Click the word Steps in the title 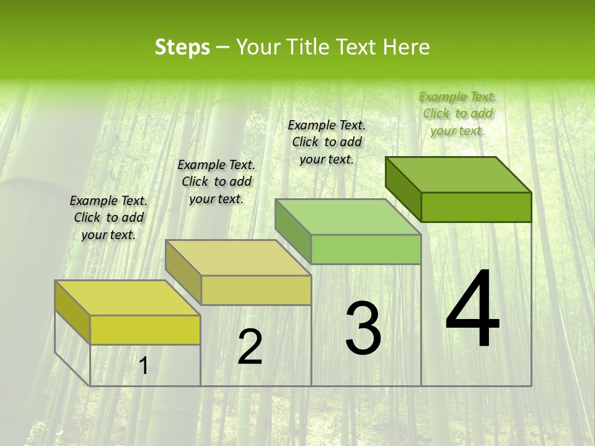182,47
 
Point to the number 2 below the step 250,346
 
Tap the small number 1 143,366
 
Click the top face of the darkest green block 459,174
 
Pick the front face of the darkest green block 476,207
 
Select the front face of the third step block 366,249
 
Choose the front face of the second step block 256,290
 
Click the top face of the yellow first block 128,298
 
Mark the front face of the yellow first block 145,330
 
